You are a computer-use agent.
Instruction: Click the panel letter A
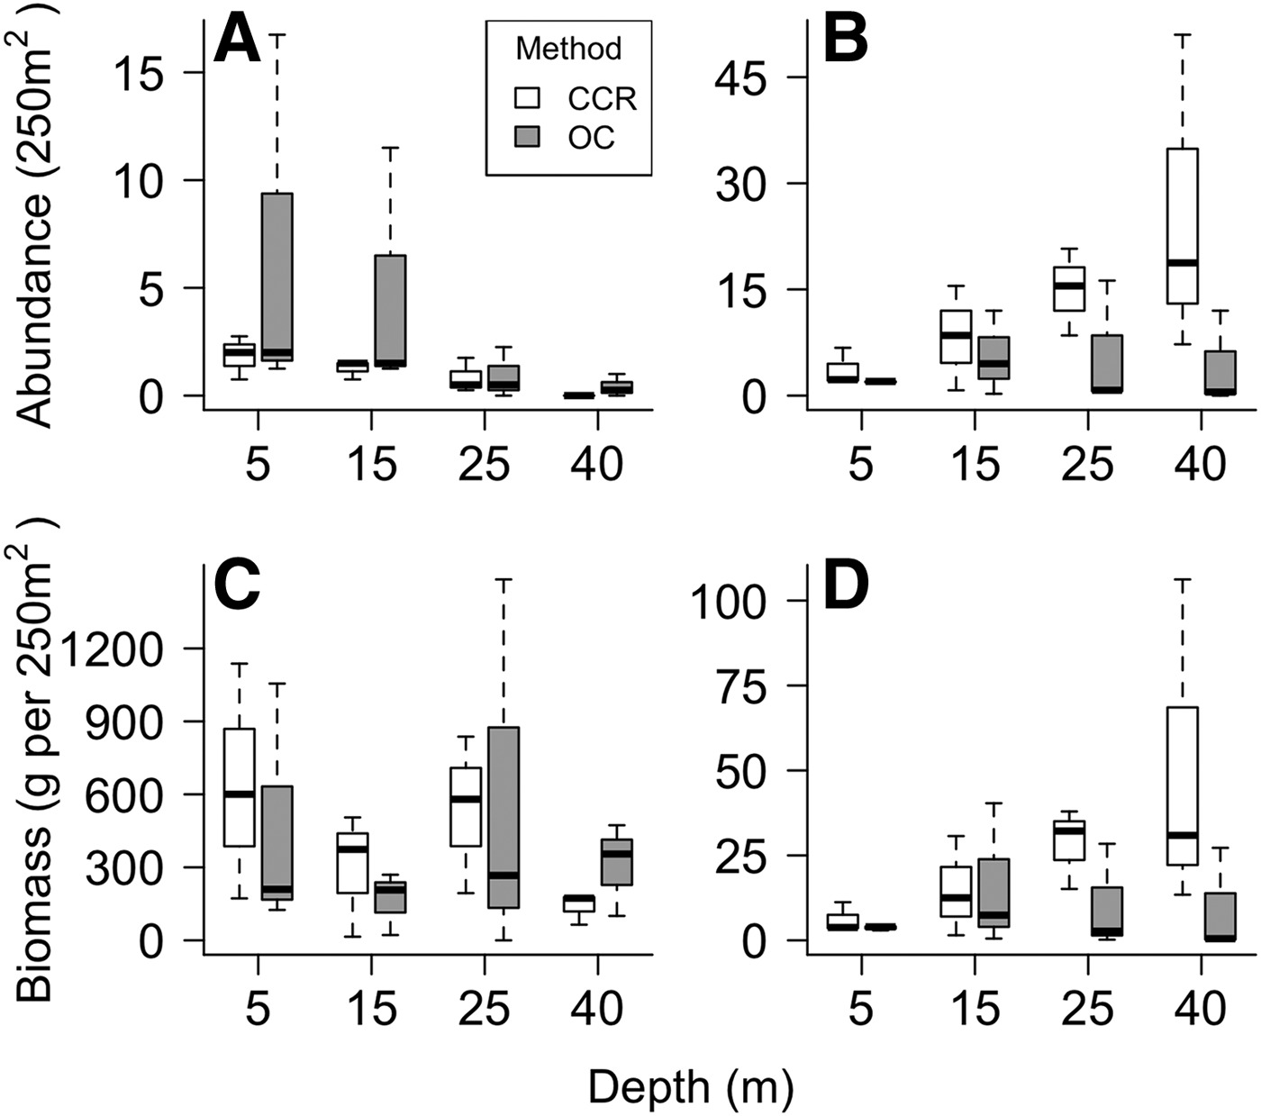(x=237, y=41)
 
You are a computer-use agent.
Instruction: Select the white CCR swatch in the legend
(x=526, y=97)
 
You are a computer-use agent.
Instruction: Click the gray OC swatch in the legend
(x=526, y=136)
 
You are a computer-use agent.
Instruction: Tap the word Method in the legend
(x=568, y=48)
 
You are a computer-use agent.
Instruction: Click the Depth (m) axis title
(x=691, y=1087)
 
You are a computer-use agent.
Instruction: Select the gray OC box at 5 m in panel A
(x=277, y=277)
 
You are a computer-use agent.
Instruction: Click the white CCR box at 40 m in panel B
(x=1182, y=226)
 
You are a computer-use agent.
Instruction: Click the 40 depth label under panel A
(x=597, y=463)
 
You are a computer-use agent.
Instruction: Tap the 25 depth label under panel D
(x=1087, y=1008)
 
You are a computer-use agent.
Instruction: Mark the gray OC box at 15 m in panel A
(x=390, y=311)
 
